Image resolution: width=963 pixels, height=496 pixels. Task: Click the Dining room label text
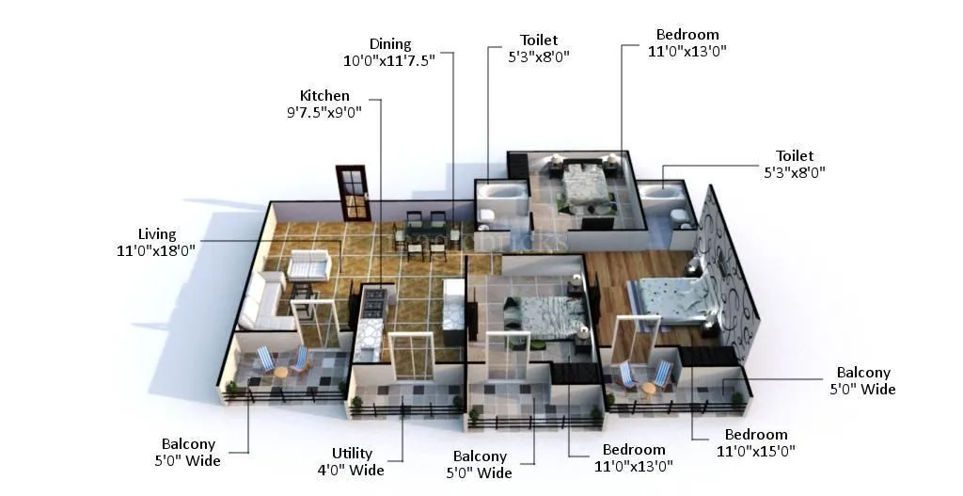pos(389,44)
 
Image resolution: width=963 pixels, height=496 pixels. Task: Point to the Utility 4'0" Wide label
pos(358,461)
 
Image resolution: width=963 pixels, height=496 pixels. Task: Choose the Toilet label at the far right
pos(795,164)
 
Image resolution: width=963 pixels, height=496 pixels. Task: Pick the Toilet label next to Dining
pos(538,48)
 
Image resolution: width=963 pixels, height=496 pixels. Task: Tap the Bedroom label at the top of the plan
pos(687,43)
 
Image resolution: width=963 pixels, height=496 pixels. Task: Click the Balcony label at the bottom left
pos(188,452)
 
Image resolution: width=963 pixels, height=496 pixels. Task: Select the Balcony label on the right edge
pos(862,381)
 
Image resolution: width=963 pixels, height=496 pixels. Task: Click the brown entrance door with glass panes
pos(352,193)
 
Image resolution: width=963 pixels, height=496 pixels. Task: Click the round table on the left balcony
pos(280,371)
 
